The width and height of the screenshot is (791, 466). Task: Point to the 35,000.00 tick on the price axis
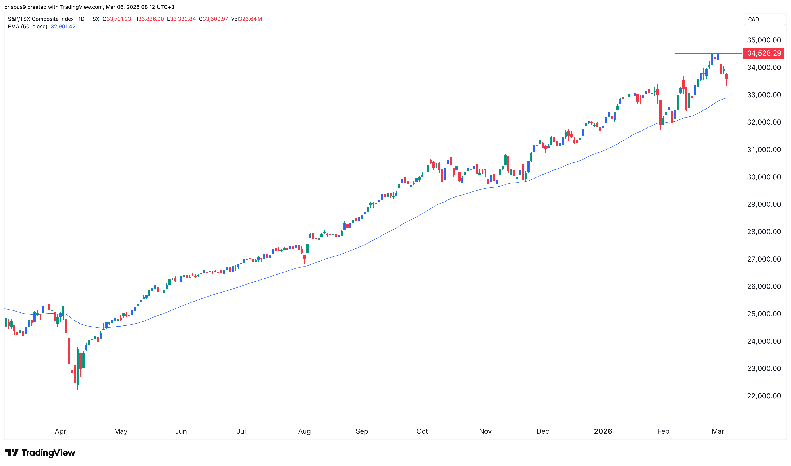pos(764,40)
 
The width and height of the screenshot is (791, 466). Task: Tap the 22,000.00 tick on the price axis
pos(764,396)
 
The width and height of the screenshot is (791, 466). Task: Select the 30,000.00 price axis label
pos(764,177)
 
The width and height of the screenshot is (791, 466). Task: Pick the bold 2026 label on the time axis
pos(603,431)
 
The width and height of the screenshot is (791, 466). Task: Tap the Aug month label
pos(304,431)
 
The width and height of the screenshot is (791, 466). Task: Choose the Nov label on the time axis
pos(485,431)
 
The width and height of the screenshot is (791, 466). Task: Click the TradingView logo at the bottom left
pos(40,453)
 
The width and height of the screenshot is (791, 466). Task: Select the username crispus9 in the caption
pos(15,7)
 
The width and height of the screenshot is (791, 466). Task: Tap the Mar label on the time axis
pos(718,431)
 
